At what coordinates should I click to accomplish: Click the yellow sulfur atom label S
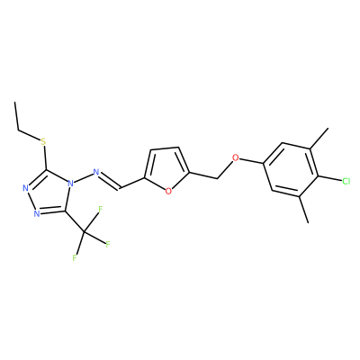44,141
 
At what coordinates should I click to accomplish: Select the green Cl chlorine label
346,181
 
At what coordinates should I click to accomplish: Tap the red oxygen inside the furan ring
168,191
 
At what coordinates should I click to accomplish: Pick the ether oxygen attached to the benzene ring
236,157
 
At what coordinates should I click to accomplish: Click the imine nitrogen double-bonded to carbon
96,172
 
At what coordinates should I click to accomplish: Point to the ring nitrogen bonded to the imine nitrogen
70,183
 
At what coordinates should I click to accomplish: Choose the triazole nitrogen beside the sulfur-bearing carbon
25,188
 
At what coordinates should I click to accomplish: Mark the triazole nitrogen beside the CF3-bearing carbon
37,213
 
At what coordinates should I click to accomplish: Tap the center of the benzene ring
291,169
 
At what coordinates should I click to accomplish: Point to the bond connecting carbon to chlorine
329,178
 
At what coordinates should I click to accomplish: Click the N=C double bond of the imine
110,181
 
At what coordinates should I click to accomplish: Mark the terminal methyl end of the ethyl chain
14,102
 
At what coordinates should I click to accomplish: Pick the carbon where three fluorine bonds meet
85,232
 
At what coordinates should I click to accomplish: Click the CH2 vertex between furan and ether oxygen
217,179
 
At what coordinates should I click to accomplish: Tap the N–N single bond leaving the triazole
83,177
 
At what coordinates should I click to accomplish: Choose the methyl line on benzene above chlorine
319,138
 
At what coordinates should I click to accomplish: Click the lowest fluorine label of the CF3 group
75,257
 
